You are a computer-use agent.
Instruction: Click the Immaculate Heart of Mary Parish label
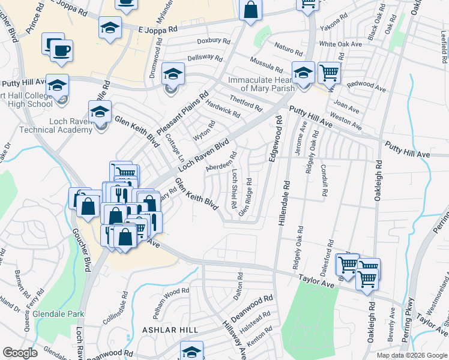(260, 83)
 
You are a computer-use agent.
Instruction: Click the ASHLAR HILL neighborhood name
(167, 330)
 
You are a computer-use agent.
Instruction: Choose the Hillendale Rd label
(284, 204)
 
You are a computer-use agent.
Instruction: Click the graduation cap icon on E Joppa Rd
(109, 28)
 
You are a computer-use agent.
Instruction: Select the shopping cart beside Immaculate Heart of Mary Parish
(328, 73)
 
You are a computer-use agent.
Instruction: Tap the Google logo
(20, 353)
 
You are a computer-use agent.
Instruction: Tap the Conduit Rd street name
(325, 181)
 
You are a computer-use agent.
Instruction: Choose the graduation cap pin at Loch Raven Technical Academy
(100, 111)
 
